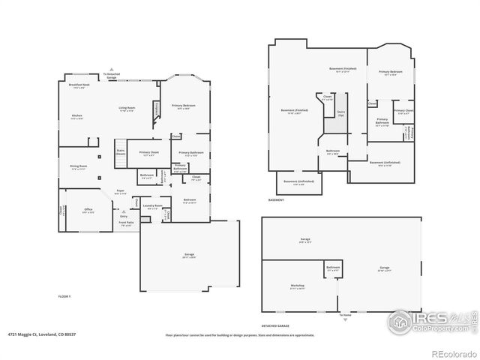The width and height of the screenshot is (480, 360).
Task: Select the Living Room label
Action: tap(127, 109)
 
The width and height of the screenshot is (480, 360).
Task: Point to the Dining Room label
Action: tap(79, 167)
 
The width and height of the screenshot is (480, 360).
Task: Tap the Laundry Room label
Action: tap(152, 206)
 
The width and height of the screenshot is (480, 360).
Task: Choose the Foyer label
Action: tap(120, 192)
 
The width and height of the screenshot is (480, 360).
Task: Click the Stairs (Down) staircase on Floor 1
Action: tap(121, 151)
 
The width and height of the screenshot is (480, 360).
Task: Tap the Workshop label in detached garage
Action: tap(297, 286)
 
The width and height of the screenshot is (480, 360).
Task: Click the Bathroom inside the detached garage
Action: tap(333, 268)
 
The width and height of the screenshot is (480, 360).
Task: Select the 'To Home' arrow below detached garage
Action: tap(344, 315)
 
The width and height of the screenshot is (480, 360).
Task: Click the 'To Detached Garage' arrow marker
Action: tap(110, 73)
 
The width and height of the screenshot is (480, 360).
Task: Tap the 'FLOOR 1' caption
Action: tap(64, 297)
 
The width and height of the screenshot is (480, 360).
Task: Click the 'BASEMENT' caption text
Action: tap(276, 200)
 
